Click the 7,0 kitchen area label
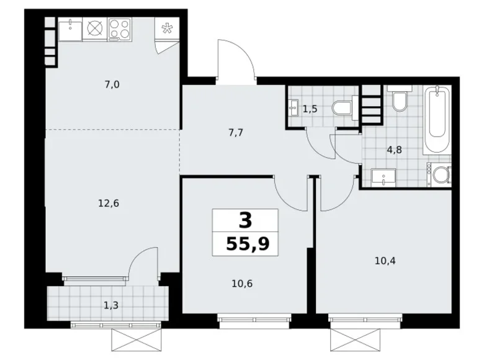pos(112,85)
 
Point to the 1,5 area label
pos(310,109)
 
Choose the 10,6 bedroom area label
pos(241,284)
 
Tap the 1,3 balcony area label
pos(112,304)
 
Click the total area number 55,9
pos(245,243)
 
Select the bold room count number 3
pos(245,220)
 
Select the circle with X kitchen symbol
pos(94,29)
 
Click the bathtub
pos(436,120)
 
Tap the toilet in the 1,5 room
pos(343,109)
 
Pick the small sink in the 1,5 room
pos(294,109)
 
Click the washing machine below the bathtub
pos(442,175)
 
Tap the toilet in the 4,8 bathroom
pos(398,101)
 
